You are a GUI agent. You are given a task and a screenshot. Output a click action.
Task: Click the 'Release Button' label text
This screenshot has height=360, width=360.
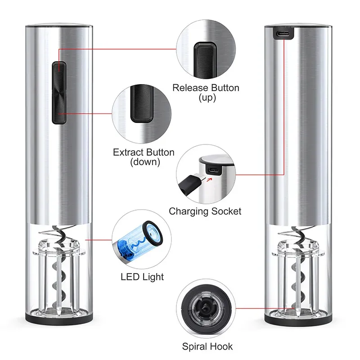coord(206,87)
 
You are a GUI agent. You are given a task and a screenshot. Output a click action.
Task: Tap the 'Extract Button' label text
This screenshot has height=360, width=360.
coord(144,153)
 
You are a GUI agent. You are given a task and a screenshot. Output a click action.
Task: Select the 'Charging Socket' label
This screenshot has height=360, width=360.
coord(205,211)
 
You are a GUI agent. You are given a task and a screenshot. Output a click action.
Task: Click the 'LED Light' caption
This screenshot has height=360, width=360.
coord(142,277)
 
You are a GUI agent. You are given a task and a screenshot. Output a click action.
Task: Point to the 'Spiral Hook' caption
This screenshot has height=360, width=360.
coord(207,346)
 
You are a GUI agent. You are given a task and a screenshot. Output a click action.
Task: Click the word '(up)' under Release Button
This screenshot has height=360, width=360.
coord(207,97)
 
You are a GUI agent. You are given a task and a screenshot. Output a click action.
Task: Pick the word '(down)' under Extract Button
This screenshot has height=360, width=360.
coord(144,162)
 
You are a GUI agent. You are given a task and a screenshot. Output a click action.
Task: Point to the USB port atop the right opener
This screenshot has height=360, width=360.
coord(283,33)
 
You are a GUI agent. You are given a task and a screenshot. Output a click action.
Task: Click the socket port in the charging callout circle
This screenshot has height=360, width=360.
coord(214,171)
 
